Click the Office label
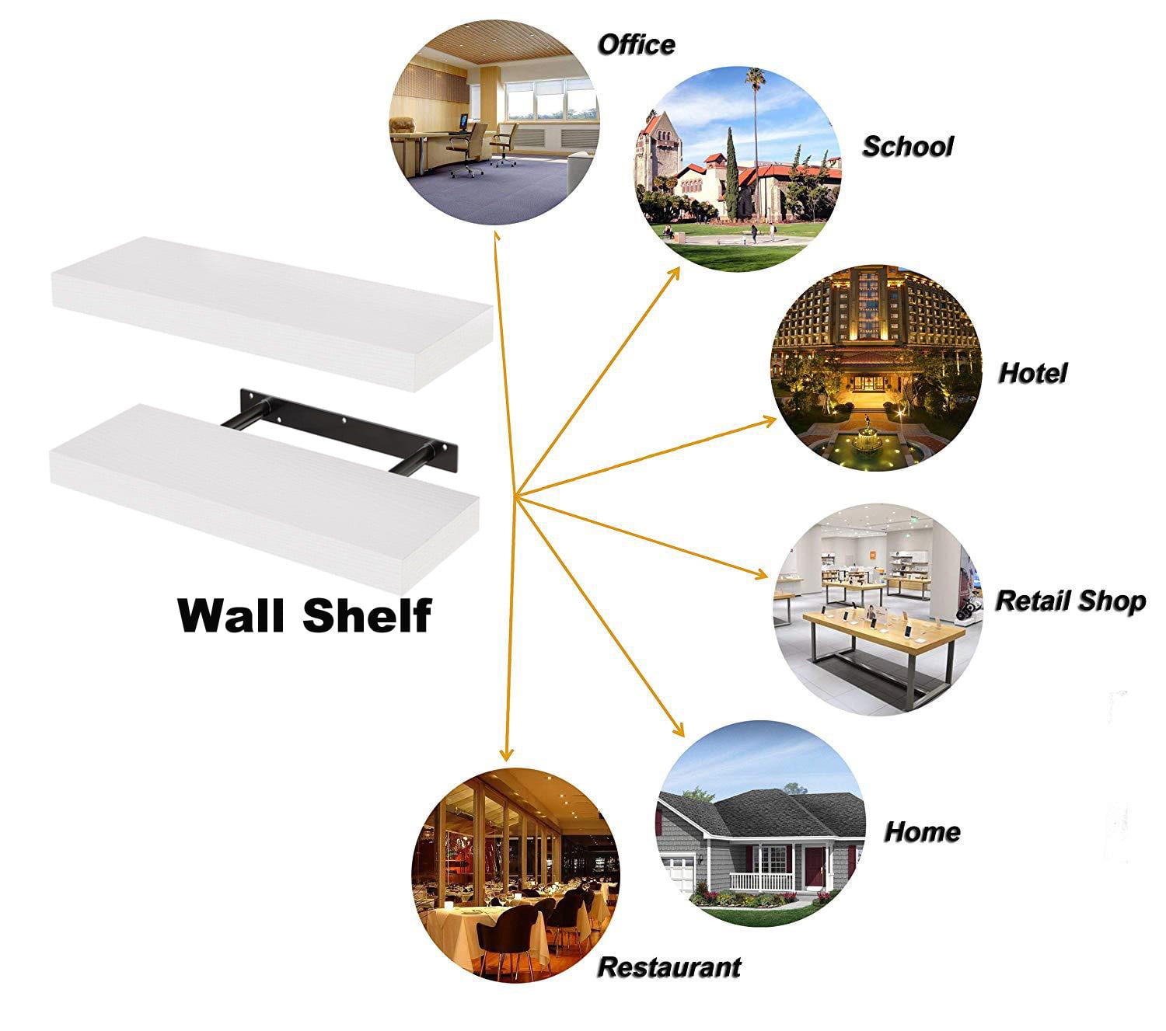tap(636, 46)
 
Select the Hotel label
tap(1032, 373)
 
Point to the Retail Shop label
tap(1070, 601)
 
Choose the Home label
tap(922, 832)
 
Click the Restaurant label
tap(669, 967)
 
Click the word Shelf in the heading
tap(367, 615)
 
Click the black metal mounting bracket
tap(340, 429)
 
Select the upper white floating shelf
tap(272, 314)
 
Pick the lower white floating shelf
tap(265, 498)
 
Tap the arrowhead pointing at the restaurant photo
tap(506, 753)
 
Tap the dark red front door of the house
tap(813, 864)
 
